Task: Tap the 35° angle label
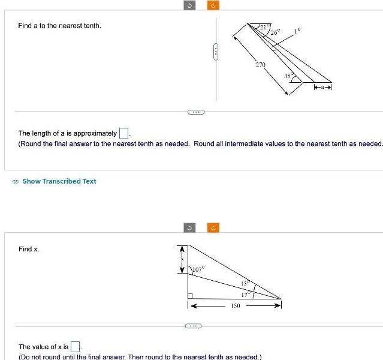coord(288,76)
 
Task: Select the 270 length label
coord(261,64)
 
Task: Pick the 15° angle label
coord(245,283)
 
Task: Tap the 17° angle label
coord(245,294)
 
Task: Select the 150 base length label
coord(236,306)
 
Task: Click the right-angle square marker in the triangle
coord(190,295)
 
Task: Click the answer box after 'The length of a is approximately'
coord(124,133)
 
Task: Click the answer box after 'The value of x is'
coord(76,346)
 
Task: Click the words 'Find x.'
coord(29,248)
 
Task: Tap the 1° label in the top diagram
coord(297,29)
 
